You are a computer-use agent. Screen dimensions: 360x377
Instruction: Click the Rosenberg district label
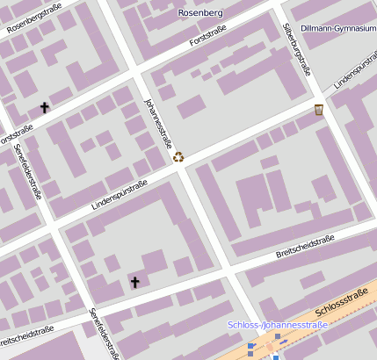click(200, 13)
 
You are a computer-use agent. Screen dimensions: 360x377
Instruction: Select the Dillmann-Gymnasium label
click(338, 28)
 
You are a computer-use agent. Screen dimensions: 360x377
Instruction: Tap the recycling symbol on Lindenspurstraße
click(179, 157)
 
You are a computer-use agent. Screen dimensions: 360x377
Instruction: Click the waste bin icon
click(319, 110)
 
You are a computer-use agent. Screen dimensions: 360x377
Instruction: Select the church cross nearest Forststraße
click(45, 107)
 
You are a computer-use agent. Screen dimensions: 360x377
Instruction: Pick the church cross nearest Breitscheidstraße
click(134, 282)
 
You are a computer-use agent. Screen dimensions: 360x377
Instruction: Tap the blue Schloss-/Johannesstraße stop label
click(277, 325)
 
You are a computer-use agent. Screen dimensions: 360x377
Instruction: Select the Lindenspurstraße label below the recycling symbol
click(120, 195)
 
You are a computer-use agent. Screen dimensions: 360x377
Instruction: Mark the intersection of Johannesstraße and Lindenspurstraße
click(178, 169)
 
